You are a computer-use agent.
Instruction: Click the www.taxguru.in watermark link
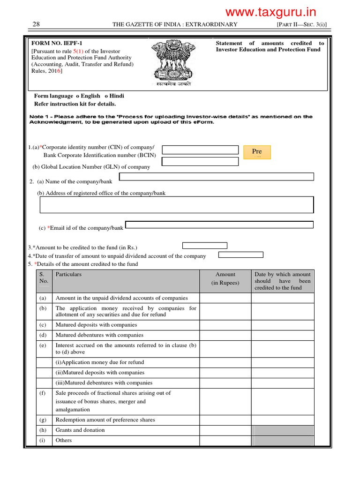click(270, 12)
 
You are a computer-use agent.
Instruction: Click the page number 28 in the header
click(36, 24)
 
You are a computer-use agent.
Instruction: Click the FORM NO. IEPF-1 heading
click(53, 43)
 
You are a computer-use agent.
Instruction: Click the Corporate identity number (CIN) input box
click(200, 150)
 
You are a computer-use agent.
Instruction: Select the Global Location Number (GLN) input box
click(200, 162)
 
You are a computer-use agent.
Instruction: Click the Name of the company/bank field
click(217, 177)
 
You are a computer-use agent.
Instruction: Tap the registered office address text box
click(176, 205)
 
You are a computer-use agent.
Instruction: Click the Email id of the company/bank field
click(219, 225)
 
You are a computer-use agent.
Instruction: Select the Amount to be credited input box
click(204, 246)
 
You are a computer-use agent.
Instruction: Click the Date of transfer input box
click(241, 255)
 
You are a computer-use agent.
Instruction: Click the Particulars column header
click(68, 275)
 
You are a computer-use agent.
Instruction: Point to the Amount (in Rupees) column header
click(225, 278)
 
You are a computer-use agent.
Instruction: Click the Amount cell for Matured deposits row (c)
click(225, 325)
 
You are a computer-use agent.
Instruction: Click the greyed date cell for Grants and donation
click(283, 430)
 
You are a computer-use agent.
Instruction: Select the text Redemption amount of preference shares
click(105, 420)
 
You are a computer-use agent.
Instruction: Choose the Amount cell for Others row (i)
click(225, 441)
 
